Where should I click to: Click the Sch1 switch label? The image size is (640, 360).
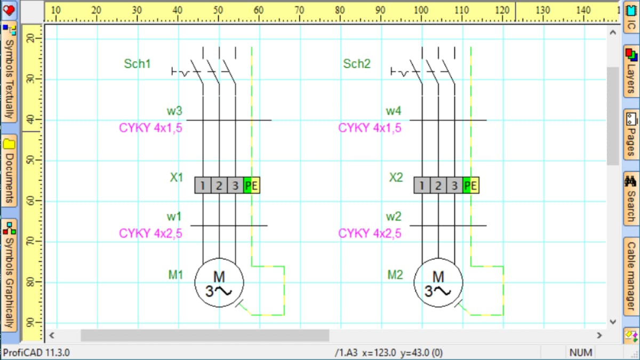tap(138, 64)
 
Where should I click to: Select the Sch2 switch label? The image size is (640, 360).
tap(357, 64)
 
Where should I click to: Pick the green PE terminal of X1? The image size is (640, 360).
tap(251, 186)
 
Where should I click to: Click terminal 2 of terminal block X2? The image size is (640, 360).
tap(438, 186)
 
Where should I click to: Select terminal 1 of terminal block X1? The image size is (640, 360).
tap(203, 186)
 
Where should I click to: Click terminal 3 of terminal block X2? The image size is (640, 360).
tap(454, 186)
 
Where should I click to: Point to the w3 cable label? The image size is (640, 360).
tap(174, 111)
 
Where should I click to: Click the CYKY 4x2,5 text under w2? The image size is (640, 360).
tap(370, 233)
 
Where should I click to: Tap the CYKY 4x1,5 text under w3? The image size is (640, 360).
tap(150, 128)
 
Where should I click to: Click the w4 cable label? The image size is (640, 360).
tap(394, 111)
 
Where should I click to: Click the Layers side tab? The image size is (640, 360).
tap(631, 71)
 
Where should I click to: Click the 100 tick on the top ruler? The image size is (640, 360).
tap(421, 10)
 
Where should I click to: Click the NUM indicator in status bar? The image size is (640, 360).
tap(581, 353)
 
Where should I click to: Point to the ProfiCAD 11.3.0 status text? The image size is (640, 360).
tap(37, 353)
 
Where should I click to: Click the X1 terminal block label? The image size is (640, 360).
tap(177, 178)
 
